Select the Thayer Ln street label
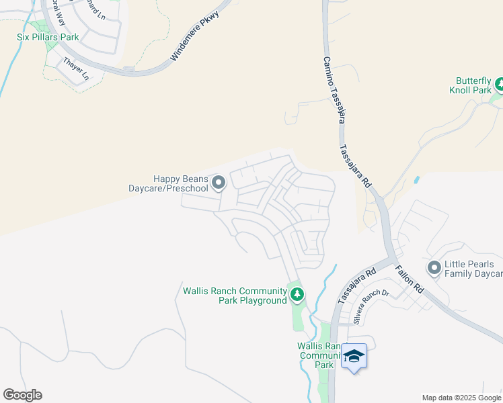tap(76, 69)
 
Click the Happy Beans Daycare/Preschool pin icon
tap(219, 183)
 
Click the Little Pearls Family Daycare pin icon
tap(434, 269)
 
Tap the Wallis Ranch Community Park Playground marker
tap(297, 294)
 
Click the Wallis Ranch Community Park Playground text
tap(235, 296)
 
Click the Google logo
tap(22, 395)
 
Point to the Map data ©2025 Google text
tap(461, 398)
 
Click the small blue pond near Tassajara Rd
tap(417, 180)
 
